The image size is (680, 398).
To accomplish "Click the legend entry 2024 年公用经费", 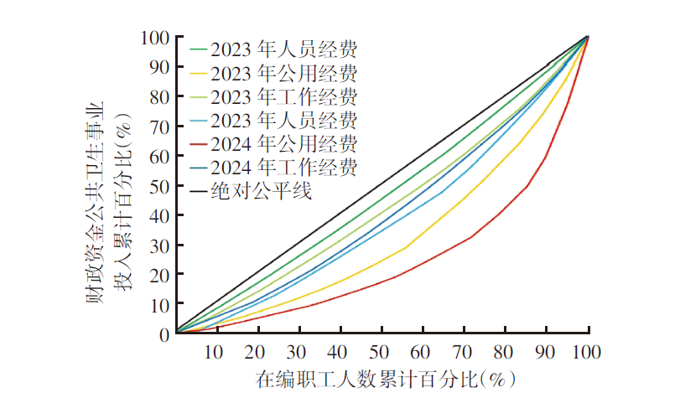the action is [x=284, y=144].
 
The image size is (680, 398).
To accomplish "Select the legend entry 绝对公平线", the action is [x=262, y=191].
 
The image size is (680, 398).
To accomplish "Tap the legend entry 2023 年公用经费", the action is [x=284, y=73].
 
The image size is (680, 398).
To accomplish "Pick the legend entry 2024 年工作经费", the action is [x=284, y=168].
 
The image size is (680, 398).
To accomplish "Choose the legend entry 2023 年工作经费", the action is [x=284, y=96].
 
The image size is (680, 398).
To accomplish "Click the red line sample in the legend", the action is [x=199, y=144].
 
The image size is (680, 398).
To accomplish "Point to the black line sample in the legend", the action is [x=199, y=191].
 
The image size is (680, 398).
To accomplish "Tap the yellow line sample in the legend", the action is [x=199, y=73].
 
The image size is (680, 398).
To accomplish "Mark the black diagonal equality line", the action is [x=382, y=184].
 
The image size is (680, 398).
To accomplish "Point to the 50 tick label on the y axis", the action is [x=159, y=186].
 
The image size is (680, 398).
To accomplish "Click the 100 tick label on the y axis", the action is [x=155, y=38].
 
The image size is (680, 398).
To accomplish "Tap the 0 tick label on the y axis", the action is [x=164, y=334].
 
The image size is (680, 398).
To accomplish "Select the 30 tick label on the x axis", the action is [x=296, y=352].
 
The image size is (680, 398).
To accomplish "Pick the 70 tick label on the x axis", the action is [x=462, y=352].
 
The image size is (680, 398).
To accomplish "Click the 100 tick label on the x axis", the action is [x=586, y=352].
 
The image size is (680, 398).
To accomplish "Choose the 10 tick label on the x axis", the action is [x=213, y=352].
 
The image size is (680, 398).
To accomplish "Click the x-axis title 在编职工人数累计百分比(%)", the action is [x=386, y=380].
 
